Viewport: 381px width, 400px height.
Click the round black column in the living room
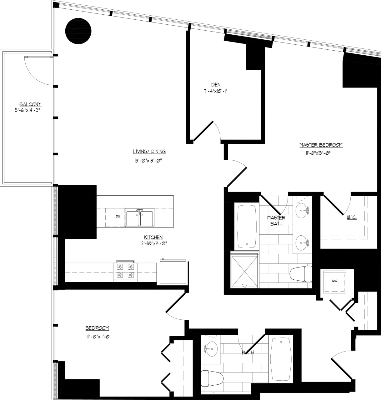tap(78, 31)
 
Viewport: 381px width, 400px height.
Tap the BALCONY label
tap(30, 104)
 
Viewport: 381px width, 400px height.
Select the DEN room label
tap(216, 84)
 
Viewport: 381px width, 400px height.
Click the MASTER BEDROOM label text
tap(321, 145)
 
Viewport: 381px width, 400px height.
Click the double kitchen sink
tap(139, 218)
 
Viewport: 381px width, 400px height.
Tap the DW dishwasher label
tap(118, 216)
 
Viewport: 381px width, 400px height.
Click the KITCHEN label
tap(153, 237)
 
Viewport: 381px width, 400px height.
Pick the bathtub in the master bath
tap(247, 225)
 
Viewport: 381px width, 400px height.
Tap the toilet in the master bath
tap(301, 274)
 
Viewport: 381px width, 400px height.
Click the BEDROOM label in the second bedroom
tap(97, 328)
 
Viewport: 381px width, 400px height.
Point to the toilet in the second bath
tap(212, 378)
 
